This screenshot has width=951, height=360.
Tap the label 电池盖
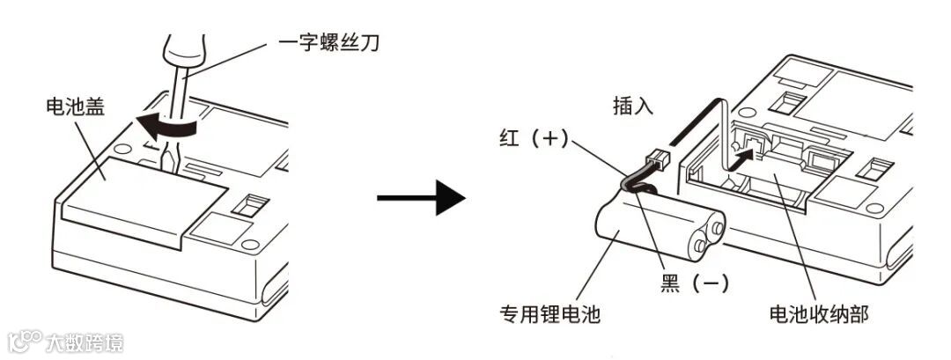(x=75, y=108)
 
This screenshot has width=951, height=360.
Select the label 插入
(x=632, y=107)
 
